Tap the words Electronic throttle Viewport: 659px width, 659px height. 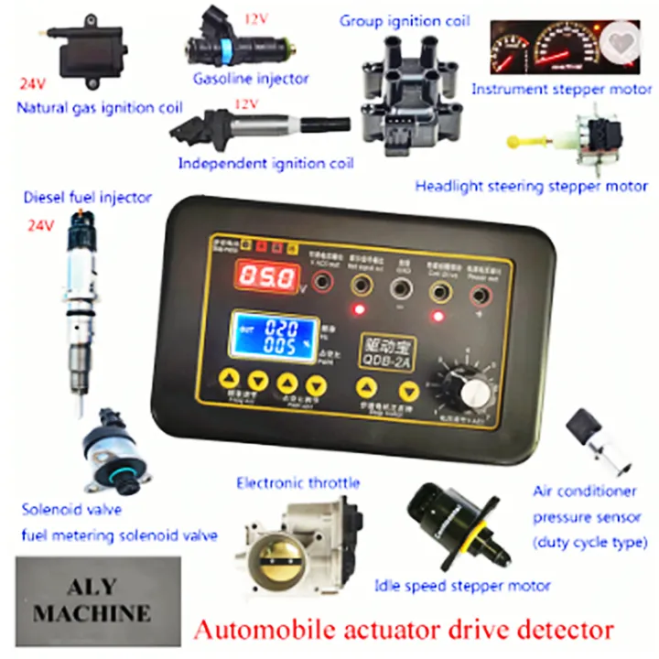coord(298,482)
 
